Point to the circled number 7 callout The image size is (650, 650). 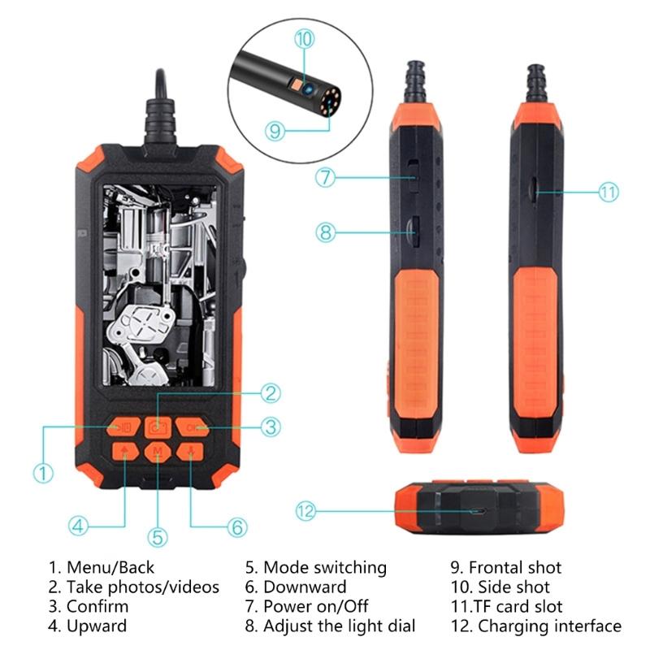pos(326,177)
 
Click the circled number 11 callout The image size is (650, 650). pos(609,193)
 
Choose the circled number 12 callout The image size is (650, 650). pos(305,511)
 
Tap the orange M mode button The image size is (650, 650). pos(157,453)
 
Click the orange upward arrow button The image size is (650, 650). pos(123,453)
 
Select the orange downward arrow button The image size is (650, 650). pos(190,453)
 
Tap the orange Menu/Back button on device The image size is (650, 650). pos(123,427)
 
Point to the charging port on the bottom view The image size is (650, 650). pos(480,512)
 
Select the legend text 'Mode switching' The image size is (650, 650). pos(325,568)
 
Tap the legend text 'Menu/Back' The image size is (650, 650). pos(110,568)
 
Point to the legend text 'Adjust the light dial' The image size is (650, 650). pos(340,626)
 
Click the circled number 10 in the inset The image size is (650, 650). pos(304,38)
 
